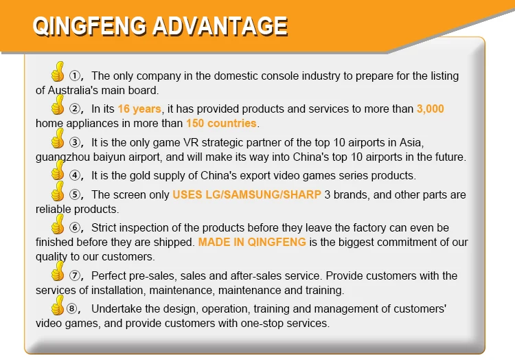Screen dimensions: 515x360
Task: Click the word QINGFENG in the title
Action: pos(90,26)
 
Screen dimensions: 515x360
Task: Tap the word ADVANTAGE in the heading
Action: pos(220,26)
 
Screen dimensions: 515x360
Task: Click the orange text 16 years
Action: pos(139,109)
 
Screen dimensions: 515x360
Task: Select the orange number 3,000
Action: pos(431,109)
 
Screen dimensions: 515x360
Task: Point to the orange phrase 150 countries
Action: pos(221,123)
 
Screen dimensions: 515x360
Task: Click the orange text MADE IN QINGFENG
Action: pos(252,242)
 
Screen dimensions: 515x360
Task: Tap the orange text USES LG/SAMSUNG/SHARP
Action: pos(247,195)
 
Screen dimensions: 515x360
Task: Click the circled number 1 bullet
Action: pos(75,76)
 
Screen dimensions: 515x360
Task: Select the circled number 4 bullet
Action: pos(75,175)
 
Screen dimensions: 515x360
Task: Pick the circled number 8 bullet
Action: pos(72,308)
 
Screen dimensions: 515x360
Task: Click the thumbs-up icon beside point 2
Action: pos(58,105)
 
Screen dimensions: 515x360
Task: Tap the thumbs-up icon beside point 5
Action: pos(58,191)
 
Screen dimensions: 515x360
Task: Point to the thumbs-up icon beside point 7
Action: pos(58,271)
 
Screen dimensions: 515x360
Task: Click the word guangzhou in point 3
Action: pos(62,157)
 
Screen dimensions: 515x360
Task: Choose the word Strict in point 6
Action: pos(104,227)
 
